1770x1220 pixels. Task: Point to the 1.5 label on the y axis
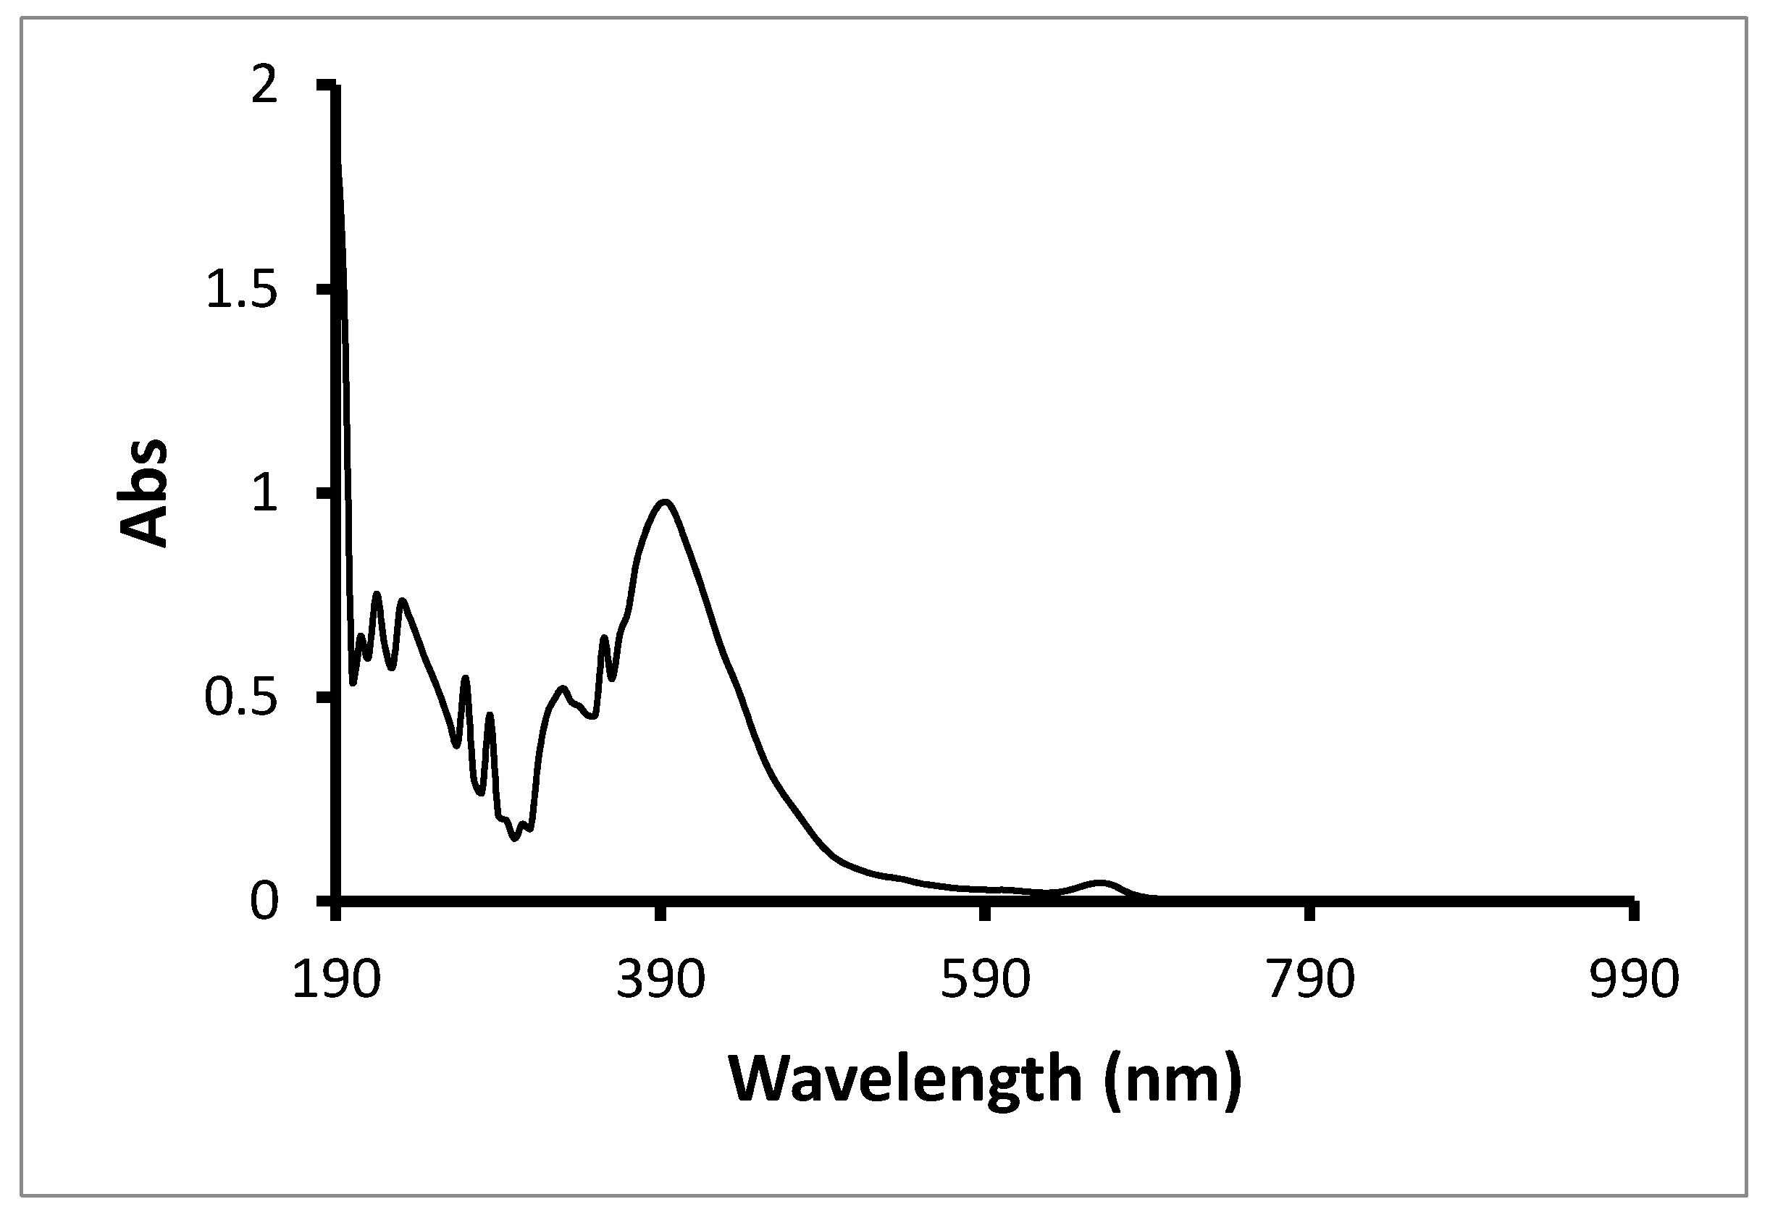[x=242, y=291]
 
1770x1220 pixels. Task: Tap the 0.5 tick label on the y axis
[x=242, y=699]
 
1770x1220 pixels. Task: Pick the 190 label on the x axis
[x=337, y=979]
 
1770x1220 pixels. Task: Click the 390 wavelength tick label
[x=660, y=979]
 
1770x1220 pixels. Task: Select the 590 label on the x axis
[x=986, y=979]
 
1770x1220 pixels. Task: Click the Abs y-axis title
[x=143, y=493]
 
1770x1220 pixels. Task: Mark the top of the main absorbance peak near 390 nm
[x=665, y=502]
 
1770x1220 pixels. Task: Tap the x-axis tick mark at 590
[x=986, y=913]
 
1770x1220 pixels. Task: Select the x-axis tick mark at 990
[x=1634, y=913]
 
